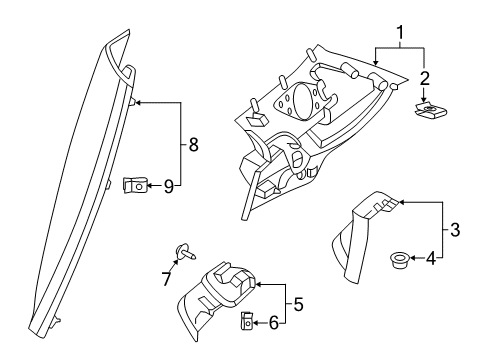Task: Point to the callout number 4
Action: [x=430, y=260]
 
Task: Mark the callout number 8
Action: [x=193, y=144]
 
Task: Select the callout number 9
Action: [x=169, y=185]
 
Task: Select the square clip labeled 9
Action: [x=132, y=185]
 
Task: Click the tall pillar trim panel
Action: [x=80, y=180]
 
